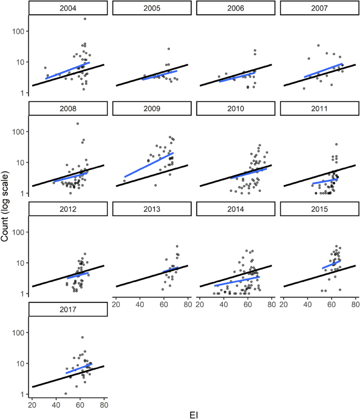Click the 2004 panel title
(x=68, y=8)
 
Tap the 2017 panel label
(x=68, y=310)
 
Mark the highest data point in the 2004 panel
(x=85, y=19)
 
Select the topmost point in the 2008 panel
(x=78, y=124)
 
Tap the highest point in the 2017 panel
(x=82, y=338)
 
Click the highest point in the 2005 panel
(x=169, y=49)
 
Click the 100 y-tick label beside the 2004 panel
(x=18, y=31)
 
